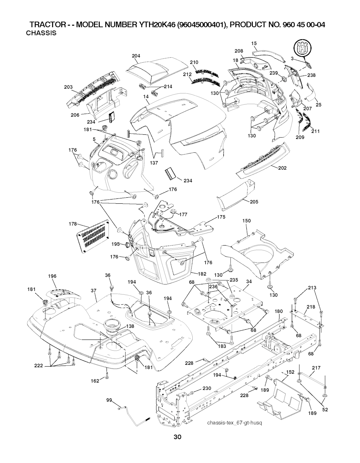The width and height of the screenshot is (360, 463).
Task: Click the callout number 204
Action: [136, 56]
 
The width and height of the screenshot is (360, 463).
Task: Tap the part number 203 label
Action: [69, 87]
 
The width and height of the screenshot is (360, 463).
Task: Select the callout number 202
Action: [282, 168]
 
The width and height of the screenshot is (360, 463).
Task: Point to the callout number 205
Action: [254, 202]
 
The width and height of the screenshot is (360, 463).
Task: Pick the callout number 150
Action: [246, 221]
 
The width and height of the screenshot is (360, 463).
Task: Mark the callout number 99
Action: [109, 400]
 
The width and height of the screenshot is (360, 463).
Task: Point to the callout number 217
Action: [316, 368]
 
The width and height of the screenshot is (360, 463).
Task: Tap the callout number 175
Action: [221, 217]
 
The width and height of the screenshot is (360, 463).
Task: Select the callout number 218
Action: [310, 307]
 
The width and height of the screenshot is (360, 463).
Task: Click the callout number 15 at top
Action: [254, 43]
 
